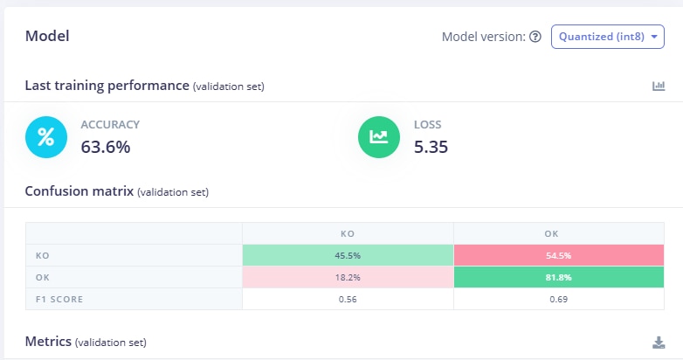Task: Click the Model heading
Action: [x=47, y=36]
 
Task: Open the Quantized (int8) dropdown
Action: [x=607, y=37]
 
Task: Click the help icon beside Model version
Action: [x=535, y=37]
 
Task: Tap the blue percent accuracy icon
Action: [x=46, y=136]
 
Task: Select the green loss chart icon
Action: [x=379, y=136]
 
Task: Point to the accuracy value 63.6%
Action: [x=106, y=147]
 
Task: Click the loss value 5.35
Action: [x=431, y=147]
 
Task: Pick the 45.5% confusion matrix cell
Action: [x=348, y=255]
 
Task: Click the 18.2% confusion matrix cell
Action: [x=348, y=277]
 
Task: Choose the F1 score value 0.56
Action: [x=348, y=299]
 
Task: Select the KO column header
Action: [x=348, y=233]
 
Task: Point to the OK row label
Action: [x=42, y=277]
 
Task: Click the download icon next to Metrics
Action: [x=659, y=342]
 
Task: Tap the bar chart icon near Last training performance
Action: [x=659, y=86]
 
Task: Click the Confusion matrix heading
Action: [x=79, y=190]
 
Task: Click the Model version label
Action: [x=483, y=37]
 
